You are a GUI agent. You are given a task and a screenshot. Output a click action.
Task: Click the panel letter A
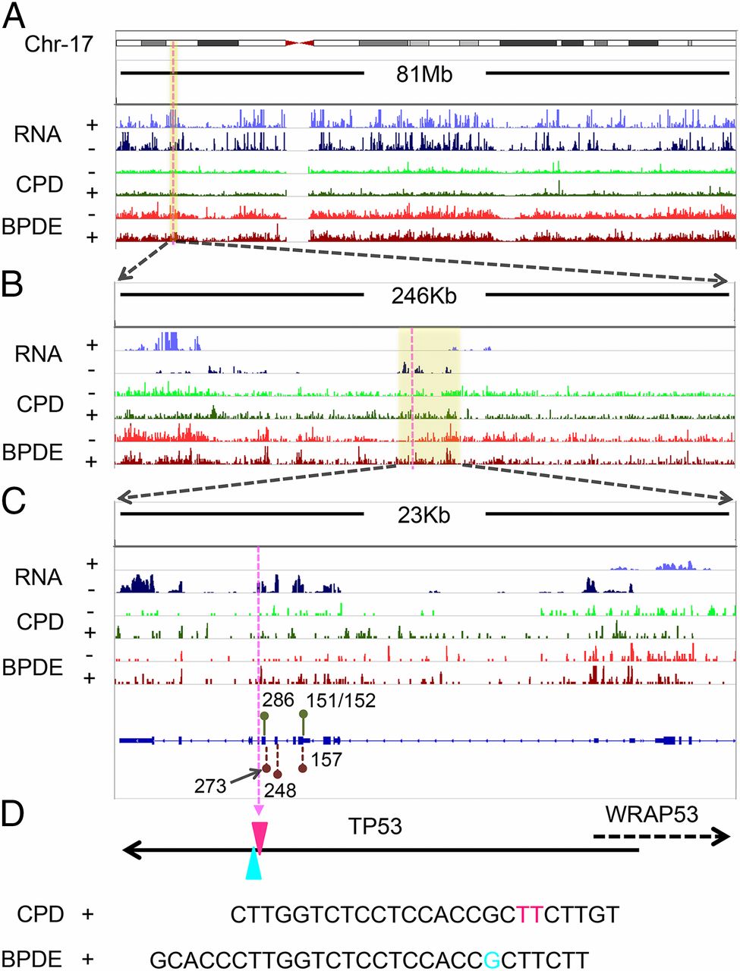pos(14,15)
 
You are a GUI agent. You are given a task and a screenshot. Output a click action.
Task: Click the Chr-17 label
pos(58,43)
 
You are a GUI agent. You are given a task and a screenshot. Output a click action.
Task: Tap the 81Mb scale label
pos(424,74)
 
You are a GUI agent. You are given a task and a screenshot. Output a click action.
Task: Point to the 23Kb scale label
pos(424,515)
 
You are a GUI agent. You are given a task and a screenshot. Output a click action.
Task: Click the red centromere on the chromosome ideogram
pos(300,43)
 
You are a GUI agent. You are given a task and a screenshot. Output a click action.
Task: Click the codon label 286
pos(279,699)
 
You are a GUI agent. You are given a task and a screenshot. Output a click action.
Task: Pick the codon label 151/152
pos(341,700)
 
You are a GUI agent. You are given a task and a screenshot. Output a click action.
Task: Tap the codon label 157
pos(326,759)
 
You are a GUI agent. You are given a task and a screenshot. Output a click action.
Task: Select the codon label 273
pos(210,785)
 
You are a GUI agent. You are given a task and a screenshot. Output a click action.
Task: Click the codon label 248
pos(280,790)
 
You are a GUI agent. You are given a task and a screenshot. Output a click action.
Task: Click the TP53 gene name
pos(375,825)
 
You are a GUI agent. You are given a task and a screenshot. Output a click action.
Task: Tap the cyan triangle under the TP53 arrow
pos(254,866)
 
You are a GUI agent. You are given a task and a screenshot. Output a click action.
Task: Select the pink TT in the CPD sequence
pos(529,914)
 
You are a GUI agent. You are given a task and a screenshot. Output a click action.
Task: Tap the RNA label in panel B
pos(38,354)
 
